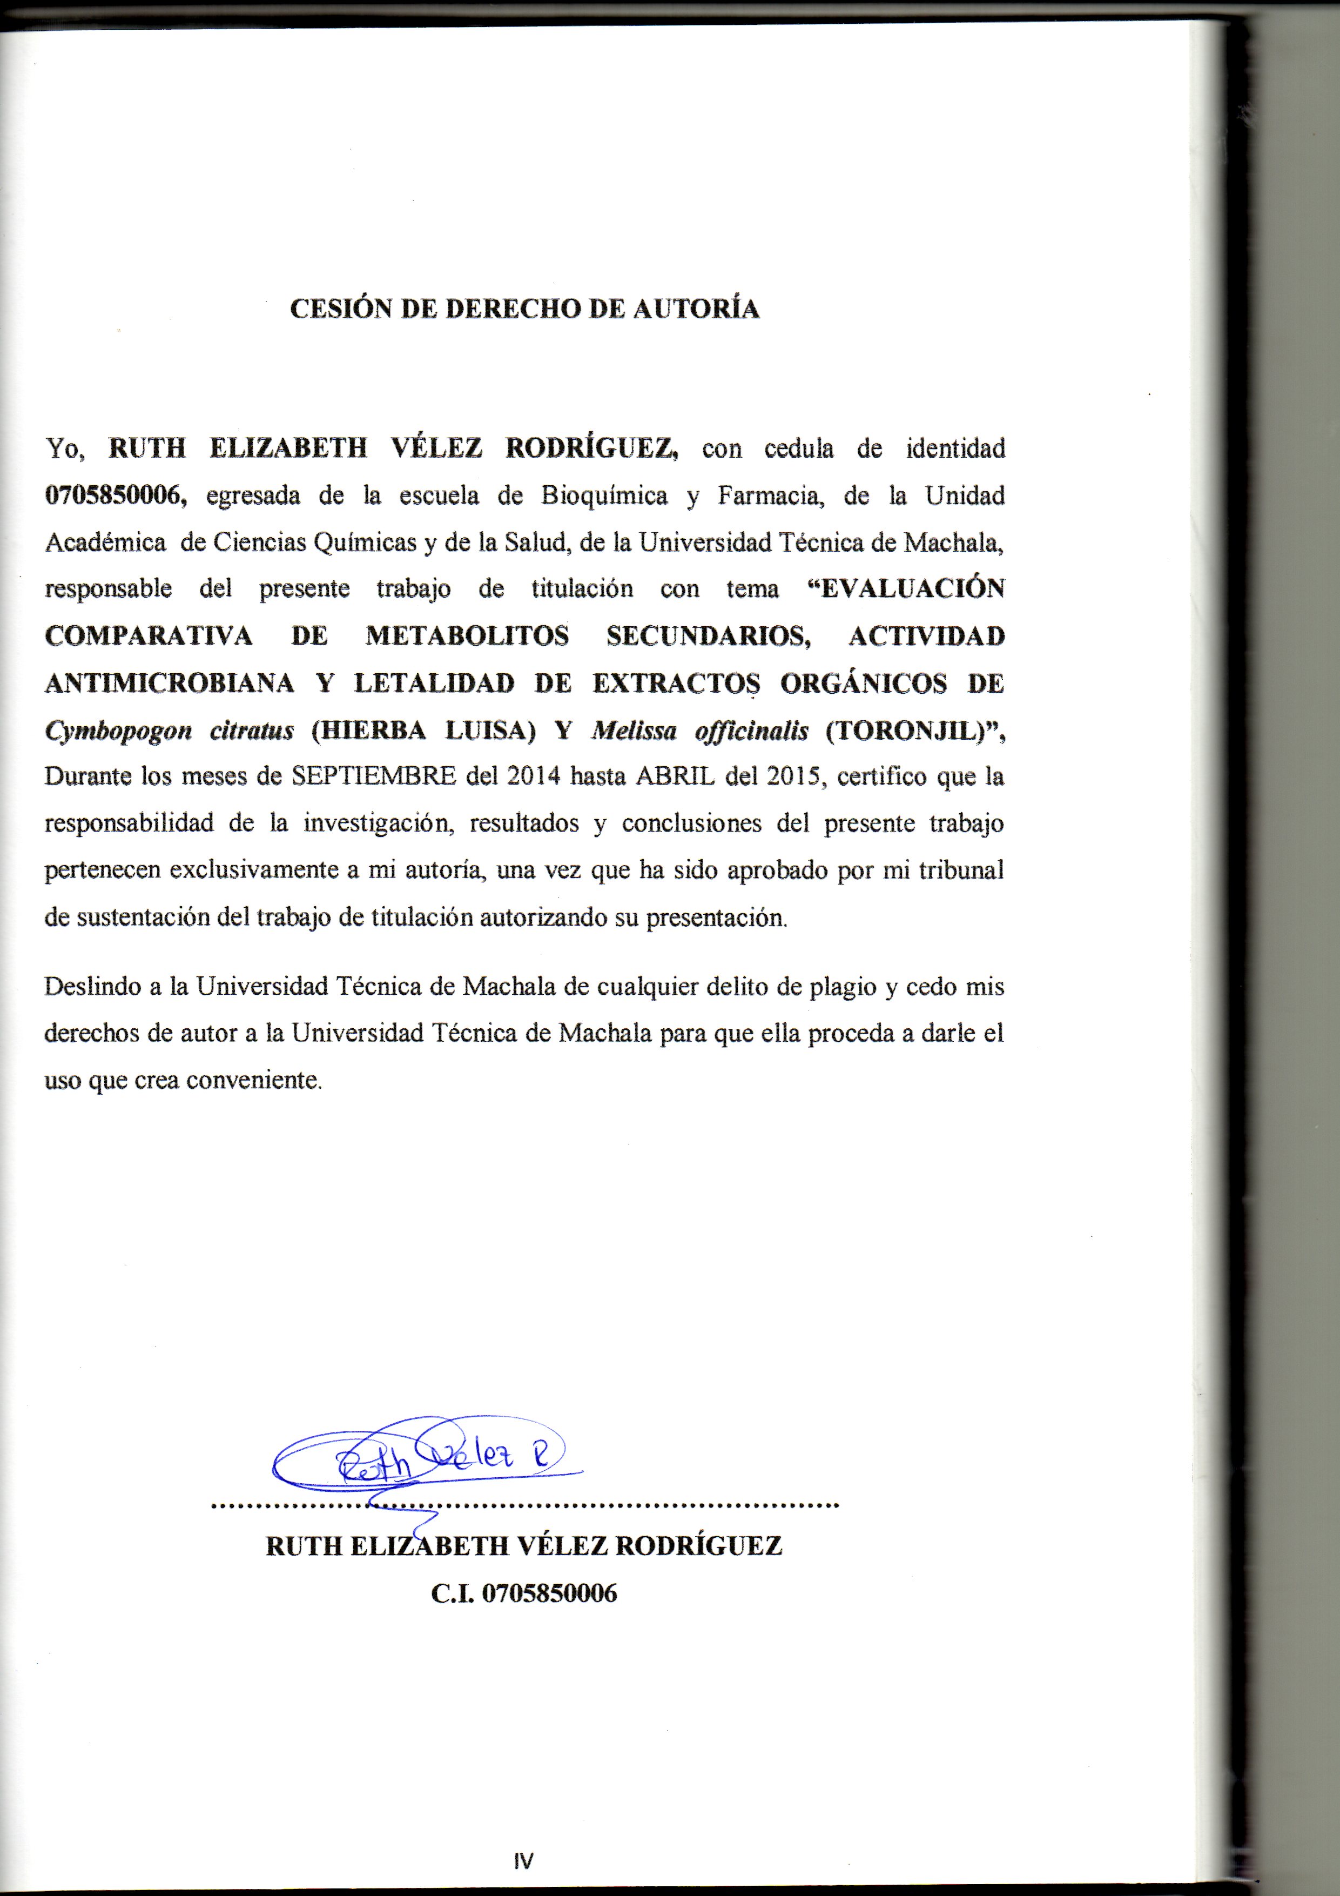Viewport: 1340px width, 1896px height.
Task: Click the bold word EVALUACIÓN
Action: pos(906,589)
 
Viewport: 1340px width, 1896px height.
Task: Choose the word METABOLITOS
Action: pos(467,636)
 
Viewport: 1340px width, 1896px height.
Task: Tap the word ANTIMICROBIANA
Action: pos(169,683)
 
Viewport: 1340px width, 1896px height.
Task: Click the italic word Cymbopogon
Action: pos(118,731)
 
